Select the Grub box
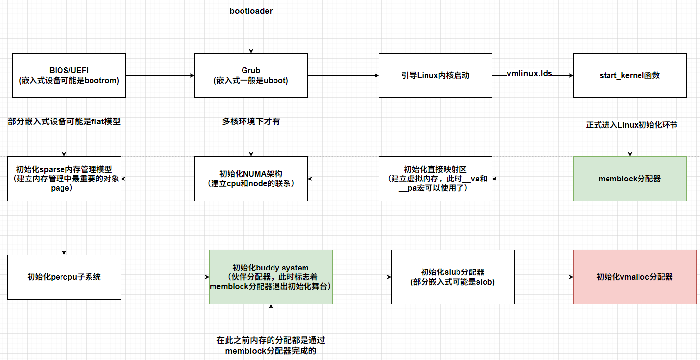pos(251,75)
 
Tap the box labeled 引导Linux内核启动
pos(435,75)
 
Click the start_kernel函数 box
pos(630,75)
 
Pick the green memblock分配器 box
pos(630,179)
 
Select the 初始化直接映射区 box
pos(435,179)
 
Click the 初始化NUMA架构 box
pos(251,179)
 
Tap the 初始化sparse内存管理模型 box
pos(64,179)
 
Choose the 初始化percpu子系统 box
pos(64,277)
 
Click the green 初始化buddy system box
pos(271,277)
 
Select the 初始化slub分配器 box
pos(453,277)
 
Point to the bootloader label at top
pos(251,10)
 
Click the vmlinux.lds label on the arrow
pos(529,74)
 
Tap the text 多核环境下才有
pos(251,121)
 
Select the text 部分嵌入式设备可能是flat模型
pos(64,121)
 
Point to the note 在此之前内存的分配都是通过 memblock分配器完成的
pos(271,345)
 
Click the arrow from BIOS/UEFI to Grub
pos(160,75)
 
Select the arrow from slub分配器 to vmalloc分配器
pos(544,277)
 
